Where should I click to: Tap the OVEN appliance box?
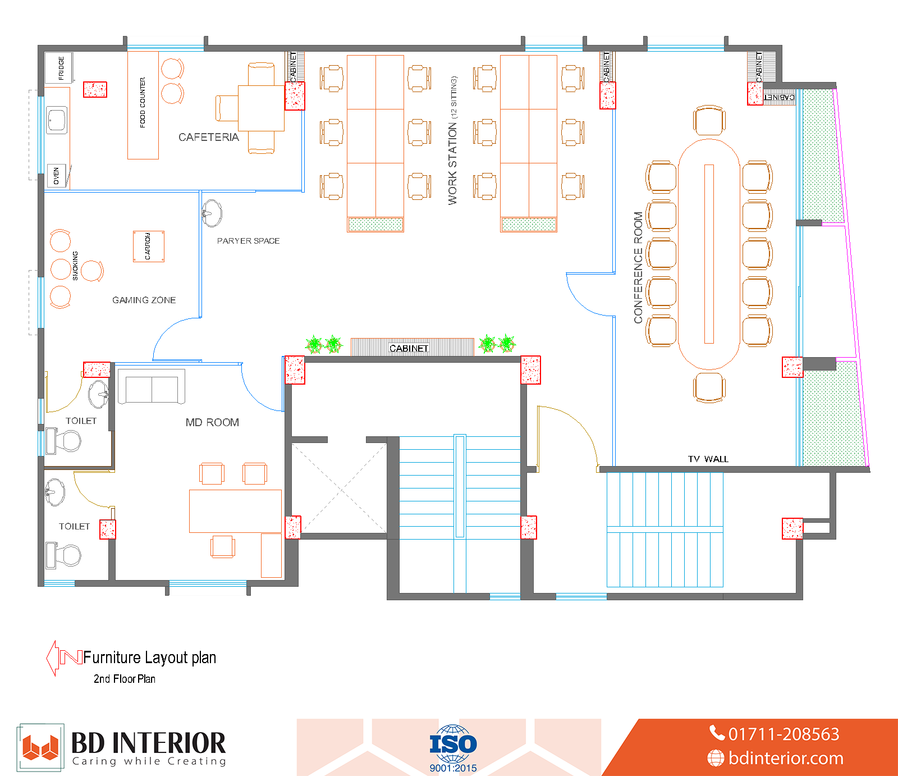point(56,176)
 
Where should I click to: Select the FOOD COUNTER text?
point(143,102)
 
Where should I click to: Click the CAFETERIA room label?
point(209,137)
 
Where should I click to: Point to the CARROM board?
point(149,247)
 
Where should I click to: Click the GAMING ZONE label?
point(144,300)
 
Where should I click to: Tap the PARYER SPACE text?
point(249,241)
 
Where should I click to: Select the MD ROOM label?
point(212,422)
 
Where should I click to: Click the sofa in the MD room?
point(152,387)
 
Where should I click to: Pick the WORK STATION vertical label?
point(453,140)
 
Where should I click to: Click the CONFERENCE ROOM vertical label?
point(638,267)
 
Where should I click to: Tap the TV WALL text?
point(708,459)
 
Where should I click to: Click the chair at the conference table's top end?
point(709,120)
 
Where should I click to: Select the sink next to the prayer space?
point(212,213)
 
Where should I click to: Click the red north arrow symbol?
point(63,658)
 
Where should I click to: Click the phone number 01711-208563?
point(775,734)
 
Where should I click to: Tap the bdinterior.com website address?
point(775,758)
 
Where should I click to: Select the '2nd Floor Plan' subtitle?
point(125,679)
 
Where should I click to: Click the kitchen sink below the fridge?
point(57,120)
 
